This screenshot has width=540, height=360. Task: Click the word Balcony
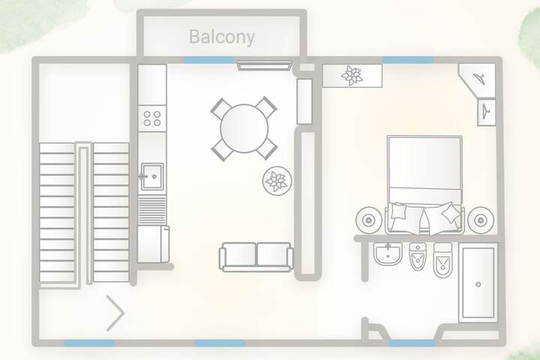pyautogui.click(x=222, y=37)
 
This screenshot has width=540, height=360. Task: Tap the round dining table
pyautogui.click(x=244, y=128)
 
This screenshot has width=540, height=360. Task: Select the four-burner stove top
pyautogui.click(x=152, y=118)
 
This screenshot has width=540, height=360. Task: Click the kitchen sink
pyautogui.click(x=151, y=177)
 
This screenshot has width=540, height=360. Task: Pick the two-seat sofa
pyautogui.click(x=256, y=257)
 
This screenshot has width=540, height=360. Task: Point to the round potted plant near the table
pyautogui.click(x=277, y=181)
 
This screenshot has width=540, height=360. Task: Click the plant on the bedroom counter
pyautogui.click(x=352, y=76)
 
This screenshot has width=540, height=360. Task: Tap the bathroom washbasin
pyautogui.click(x=388, y=254)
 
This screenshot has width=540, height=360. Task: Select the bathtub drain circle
pyautogui.click(x=478, y=284)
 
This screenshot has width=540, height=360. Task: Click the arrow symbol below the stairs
pyautogui.click(x=115, y=313)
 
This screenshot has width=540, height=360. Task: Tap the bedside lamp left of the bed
pyautogui.click(x=368, y=220)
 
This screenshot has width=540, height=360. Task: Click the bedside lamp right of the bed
pyautogui.click(x=481, y=220)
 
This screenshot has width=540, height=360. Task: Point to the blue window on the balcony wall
pyautogui.click(x=209, y=60)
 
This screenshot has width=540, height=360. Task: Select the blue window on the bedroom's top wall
pyautogui.click(x=408, y=60)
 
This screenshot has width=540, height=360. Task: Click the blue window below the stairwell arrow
pyautogui.click(x=88, y=343)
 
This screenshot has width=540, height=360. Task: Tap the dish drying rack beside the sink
pyautogui.click(x=151, y=211)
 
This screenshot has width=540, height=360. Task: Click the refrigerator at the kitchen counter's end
pyautogui.click(x=153, y=244)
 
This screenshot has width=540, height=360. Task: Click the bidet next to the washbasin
pyautogui.click(x=418, y=256)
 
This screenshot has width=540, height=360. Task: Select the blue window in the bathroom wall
pyautogui.click(x=412, y=343)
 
